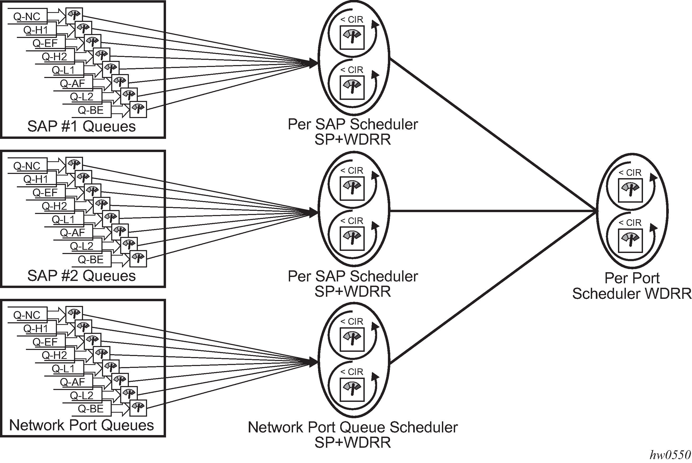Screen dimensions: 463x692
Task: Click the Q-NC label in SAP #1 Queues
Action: pos(27,17)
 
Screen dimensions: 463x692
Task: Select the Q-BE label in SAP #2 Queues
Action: pos(91,260)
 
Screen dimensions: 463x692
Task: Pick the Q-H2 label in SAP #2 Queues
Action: pos(54,206)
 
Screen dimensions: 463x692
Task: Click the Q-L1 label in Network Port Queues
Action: pos(63,368)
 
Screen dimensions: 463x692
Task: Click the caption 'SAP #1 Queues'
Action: pos(81,126)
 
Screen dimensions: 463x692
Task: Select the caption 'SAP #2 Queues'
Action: pos(81,276)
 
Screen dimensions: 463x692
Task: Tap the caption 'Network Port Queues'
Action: pos(81,425)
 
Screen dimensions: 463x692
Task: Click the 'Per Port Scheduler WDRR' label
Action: pos(632,286)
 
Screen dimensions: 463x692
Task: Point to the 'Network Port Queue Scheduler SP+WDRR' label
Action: pos(353,435)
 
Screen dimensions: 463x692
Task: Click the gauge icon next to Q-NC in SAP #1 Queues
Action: pos(74,16)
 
